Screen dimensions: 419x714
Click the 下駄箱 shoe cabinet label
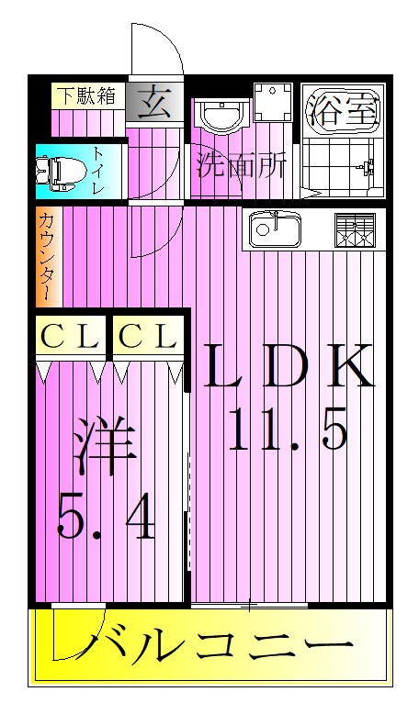tap(87, 96)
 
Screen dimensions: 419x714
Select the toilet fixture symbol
tap(61, 173)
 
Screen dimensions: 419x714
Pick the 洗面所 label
tap(241, 165)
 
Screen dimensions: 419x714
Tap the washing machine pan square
tap(273, 103)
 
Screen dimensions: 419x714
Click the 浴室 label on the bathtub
tap(343, 111)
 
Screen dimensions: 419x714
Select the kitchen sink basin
tap(275, 229)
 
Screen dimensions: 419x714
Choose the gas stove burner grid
tap(355, 230)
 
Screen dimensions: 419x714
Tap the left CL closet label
tap(70, 337)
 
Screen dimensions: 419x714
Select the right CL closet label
tap(148, 337)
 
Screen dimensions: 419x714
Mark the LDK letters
tap(289, 365)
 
